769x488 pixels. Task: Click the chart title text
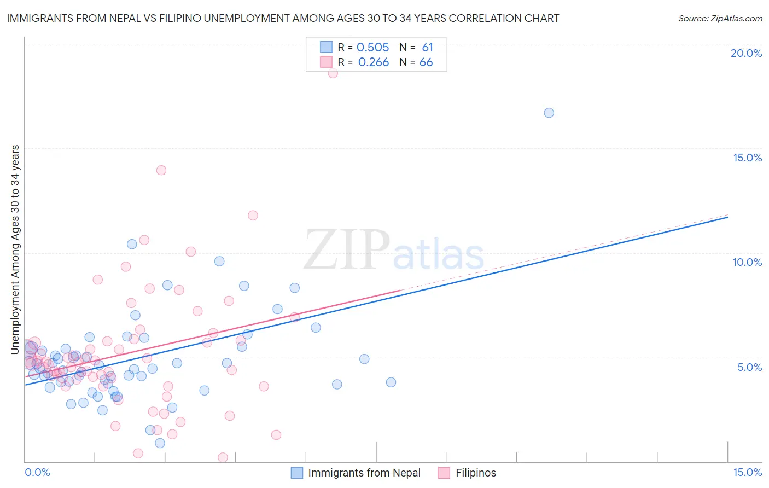coord(283,18)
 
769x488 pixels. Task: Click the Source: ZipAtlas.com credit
coord(720,19)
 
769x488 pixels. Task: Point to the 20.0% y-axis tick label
coord(746,53)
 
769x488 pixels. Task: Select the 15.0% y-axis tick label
coord(747,158)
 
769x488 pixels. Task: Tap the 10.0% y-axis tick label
coord(747,262)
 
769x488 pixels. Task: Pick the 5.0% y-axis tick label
coord(749,367)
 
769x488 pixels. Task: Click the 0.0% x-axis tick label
coord(37,472)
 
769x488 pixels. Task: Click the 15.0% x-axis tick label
coord(747,472)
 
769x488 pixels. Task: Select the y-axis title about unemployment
coord(15,249)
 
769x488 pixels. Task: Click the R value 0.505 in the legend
coord(372,48)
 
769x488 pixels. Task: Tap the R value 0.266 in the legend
coord(374,62)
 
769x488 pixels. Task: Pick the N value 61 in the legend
coord(427,48)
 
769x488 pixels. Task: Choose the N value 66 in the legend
coord(426,62)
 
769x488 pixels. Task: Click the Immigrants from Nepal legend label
coord(364,473)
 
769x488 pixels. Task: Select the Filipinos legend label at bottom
coord(476,473)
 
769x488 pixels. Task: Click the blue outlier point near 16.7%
coord(549,113)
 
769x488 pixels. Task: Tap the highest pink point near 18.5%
coord(333,73)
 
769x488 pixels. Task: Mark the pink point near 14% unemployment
coord(161,170)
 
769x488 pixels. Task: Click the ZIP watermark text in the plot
coord(347,250)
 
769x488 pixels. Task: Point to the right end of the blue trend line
coord(727,217)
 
